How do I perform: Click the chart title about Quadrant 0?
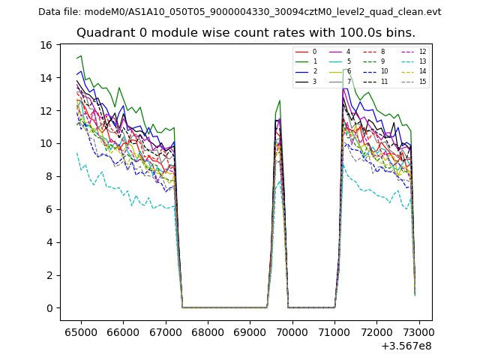coord(245,33)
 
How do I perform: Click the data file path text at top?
coord(239,12)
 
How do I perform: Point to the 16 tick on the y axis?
coord(46,45)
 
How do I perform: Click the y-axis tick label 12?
coord(46,110)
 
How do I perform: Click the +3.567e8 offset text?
coord(406,346)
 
